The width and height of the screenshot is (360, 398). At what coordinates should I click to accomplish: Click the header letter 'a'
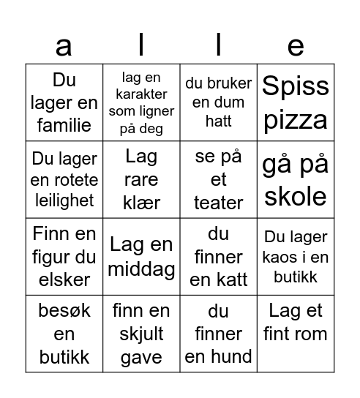click(64, 45)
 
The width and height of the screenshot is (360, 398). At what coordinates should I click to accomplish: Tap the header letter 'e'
click(296, 45)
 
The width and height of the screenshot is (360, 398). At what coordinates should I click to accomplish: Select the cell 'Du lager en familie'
click(64, 102)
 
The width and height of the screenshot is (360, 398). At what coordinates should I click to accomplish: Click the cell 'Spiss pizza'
click(296, 102)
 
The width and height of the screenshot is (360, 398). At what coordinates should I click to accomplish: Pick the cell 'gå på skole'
click(296, 180)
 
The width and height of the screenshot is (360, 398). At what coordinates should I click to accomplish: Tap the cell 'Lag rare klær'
click(141, 180)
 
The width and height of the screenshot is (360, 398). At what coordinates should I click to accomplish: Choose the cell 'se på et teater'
click(218, 180)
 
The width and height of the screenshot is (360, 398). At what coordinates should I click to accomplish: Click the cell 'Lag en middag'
click(141, 257)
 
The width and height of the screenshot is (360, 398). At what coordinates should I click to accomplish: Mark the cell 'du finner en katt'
click(218, 257)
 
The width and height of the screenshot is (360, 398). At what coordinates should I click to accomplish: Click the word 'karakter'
click(141, 94)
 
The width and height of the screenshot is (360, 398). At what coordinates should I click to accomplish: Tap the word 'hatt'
click(218, 122)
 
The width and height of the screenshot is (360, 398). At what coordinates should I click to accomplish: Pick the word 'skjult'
click(141, 334)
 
